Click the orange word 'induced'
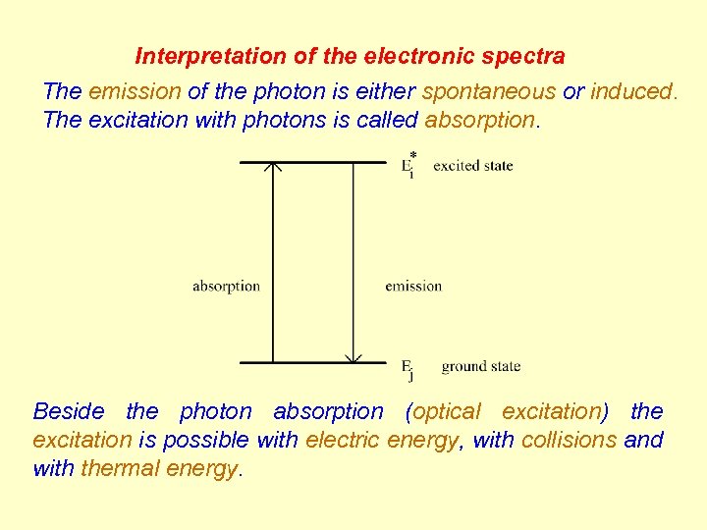pyautogui.click(x=632, y=91)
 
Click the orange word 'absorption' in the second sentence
pyautogui.click(x=480, y=121)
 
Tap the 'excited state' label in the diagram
pyautogui.click(x=472, y=166)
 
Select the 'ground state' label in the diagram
pyautogui.click(x=480, y=367)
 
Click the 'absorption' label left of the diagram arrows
pyautogui.click(x=226, y=287)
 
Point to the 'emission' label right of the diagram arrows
pyautogui.click(x=413, y=287)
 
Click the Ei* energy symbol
pyautogui.click(x=408, y=165)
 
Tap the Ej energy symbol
pyautogui.click(x=408, y=368)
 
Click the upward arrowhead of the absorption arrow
pyautogui.click(x=273, y=168)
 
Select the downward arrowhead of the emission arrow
pyautogui.click(x=353, y=357)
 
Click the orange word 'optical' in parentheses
pyautogui.click(x=447, y=411)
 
